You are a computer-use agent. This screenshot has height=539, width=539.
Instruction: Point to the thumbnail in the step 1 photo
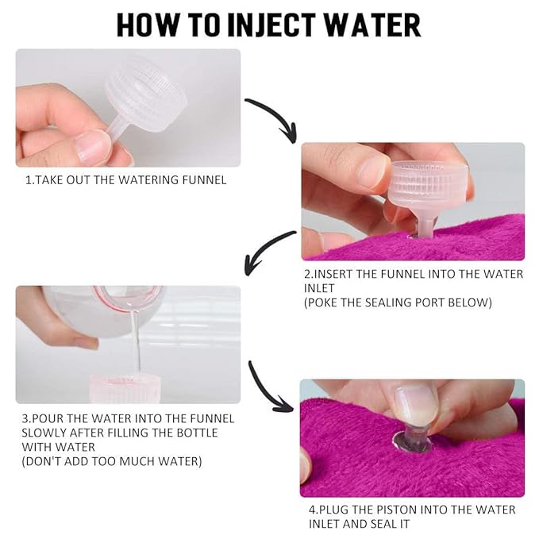(x=93, y=145)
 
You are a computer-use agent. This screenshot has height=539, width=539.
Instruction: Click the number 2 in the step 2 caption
(x=307, y=274)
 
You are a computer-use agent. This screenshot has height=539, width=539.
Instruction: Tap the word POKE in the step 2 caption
(x=328, y=302)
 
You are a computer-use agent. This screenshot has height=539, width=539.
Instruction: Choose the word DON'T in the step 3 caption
(x=46, y=460)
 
